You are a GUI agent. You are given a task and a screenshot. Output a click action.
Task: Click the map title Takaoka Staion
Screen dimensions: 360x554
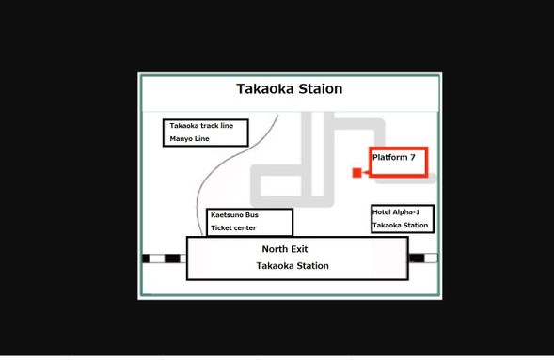click(x=288, y=89)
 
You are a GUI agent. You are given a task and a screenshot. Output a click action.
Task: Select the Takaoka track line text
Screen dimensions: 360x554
click(x=201, y=125)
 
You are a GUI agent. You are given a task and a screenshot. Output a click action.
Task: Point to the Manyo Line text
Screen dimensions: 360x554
click(x=189, y=139)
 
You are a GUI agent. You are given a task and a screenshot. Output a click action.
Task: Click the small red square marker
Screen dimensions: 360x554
click(x=356, y=173)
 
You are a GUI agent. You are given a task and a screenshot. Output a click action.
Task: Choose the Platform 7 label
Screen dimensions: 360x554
click(x=393, y=157)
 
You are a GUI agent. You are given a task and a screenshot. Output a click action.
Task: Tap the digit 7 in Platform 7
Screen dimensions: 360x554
click(x=411, y=157)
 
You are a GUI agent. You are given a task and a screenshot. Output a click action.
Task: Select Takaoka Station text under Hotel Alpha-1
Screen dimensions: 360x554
click(x=401, y=226)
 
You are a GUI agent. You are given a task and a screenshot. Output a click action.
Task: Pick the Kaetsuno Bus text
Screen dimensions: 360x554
click(x=233, y=215)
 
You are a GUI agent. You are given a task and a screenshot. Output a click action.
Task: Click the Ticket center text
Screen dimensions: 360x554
click(x=233, y=228)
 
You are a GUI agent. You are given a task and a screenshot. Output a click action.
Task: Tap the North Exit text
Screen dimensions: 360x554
click(x=285, y=249)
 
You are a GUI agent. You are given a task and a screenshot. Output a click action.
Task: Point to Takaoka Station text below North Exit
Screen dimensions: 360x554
click(x=293, y=266)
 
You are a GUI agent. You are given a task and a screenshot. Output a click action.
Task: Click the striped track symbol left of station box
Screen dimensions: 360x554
click(x=161, y=258)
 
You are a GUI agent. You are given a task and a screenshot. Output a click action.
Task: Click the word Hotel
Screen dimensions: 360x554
click(x=382, y=212)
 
